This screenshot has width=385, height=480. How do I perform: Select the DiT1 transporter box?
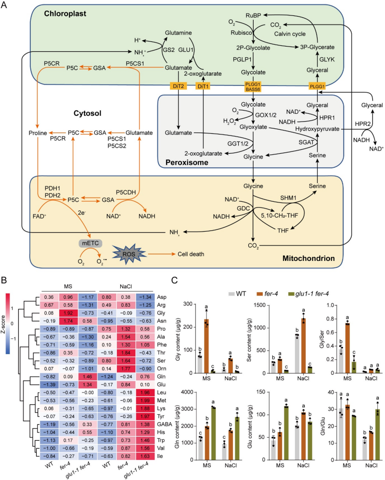tap(203, 86)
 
